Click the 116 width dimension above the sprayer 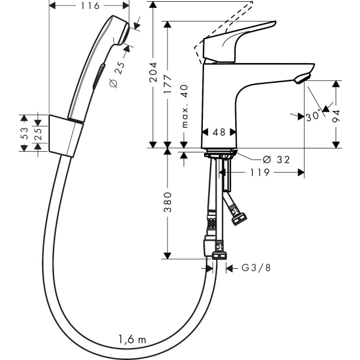click(x=90, y=6)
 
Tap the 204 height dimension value click(x=153, y=72)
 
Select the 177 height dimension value click(x=168, y=84)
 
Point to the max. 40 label click(x=184, y=106)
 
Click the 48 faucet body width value click(x=219, y=132)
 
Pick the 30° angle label click(x=313, y=115)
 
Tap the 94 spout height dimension click(x=336, y=116)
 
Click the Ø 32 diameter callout click(x=276, y=160)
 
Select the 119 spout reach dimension click(x=259, y=172)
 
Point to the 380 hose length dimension click(x=168, y=202)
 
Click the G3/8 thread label click(x=256, y=268)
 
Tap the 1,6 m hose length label click(x=132, y=339)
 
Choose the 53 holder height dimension click(x=25, y=133)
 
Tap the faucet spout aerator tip click(x=302, y=79)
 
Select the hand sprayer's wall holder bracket click(x=65, y=136)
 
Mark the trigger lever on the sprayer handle click(x=99, y=77)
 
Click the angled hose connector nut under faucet click(x=239, y=219)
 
